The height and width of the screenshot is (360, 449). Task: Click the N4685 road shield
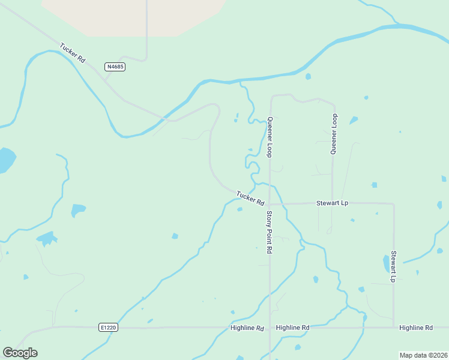[x=115, y=67]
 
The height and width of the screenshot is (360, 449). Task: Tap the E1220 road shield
[x=109, y=328]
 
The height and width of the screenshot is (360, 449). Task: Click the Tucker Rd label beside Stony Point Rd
[x=250, y=198]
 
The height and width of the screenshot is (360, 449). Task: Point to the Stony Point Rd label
[x=270, y=231]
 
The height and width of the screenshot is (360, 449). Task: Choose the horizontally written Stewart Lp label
[x=332, y=203]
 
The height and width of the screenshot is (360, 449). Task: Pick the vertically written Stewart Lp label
[x=394, y=266]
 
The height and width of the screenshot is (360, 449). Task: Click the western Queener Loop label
[x=270, y=137]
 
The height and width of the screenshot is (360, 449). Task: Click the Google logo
[x=20, y=353]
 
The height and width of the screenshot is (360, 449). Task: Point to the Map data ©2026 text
[x=424, y=355]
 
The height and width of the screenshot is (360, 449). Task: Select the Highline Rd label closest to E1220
[x=247, y=328]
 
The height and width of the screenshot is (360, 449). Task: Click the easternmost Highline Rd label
[x=416, y=328]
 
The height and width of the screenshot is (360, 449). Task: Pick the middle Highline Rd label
[x=292, y=328]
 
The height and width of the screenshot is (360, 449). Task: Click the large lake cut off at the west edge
[x=6, y=160]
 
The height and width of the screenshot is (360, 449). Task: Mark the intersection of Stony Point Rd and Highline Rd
[x=270, y=328]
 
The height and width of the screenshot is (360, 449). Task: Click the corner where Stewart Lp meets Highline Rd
[x=394, y=327]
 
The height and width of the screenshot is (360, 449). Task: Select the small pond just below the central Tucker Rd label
[x=240, y=209]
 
